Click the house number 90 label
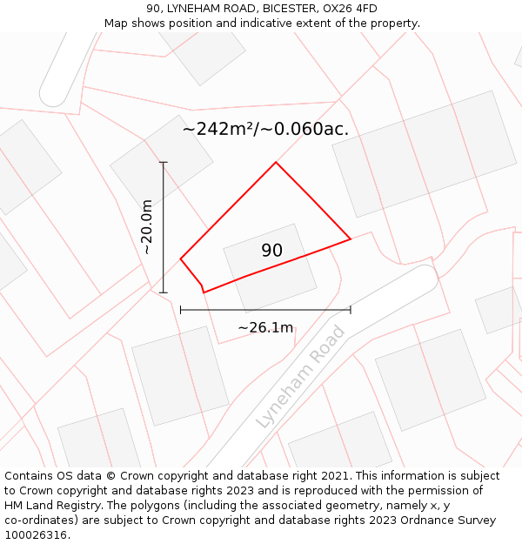click(x=271, y=251)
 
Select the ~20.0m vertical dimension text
click(x=147, y=226)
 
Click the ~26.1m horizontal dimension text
click(x=265, y=327)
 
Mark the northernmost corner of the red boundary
click(x=276, y=163)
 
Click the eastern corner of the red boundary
click(x=350, y=238)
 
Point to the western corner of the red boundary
click(x=181, y=259)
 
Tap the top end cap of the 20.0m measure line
click(x=164, y=162)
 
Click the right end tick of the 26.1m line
click(x=351, y=309)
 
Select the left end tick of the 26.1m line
click(x=181, y=309)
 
